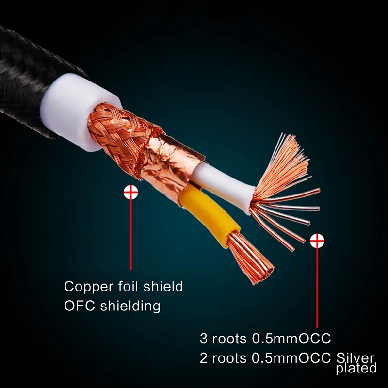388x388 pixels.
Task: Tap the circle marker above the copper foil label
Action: [130, 193]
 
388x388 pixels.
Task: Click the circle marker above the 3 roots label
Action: [317, 240]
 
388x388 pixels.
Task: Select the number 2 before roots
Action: [203, 359]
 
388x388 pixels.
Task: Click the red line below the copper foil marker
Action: [130, 233]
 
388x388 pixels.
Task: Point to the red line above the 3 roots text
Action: [317, 286]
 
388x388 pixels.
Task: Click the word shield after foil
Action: [163, 286]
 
